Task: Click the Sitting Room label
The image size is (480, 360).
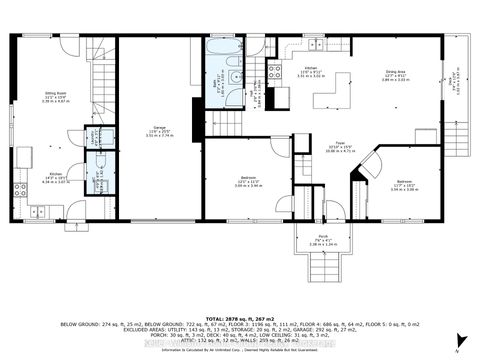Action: (55, 97)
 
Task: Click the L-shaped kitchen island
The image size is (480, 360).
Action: (335, 95)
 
